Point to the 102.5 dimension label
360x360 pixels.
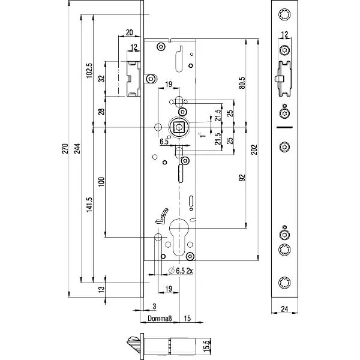pos(89,71)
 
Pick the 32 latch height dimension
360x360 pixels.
pos(101,79)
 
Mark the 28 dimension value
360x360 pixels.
pos(101,112)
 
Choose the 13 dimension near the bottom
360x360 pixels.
pos(101,289)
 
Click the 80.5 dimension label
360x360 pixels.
pos(242,82)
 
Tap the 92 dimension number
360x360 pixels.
pos(242,178)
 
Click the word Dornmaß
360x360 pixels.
pos(161,318)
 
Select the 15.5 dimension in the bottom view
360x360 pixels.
pos(206,345)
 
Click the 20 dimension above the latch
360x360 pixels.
pos(129,32)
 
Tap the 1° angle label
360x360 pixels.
pos(203,136)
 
